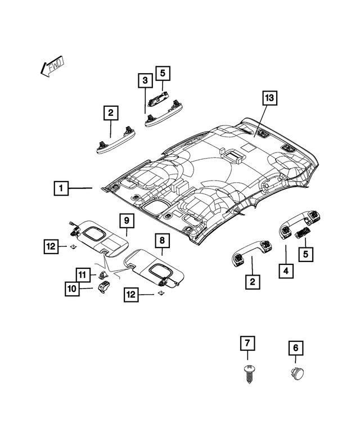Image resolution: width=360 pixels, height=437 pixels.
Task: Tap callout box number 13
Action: pos(269,98)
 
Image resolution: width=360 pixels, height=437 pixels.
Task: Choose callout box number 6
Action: pos(294,349)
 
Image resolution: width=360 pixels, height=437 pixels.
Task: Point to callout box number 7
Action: pos(246,343)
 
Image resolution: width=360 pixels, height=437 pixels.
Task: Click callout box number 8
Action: pos(161,241)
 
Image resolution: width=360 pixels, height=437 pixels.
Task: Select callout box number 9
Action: pos(127,220)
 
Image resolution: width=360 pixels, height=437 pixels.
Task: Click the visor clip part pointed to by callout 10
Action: pos(105,287)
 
